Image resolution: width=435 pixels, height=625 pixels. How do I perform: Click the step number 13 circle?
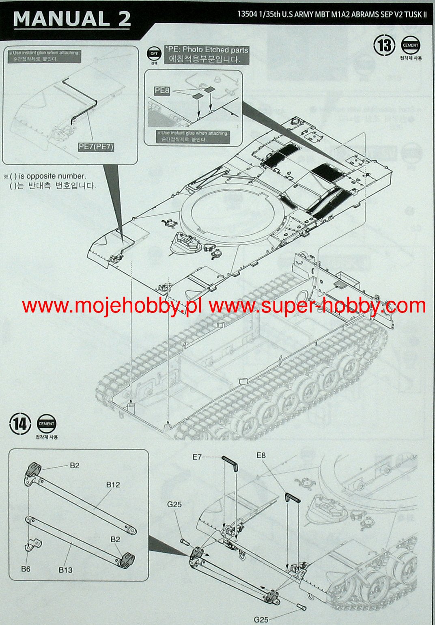384,46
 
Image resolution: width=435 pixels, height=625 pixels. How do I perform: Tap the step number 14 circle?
20,425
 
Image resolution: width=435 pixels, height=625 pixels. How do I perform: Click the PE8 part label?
162,91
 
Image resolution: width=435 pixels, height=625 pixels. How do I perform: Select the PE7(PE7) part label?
96,147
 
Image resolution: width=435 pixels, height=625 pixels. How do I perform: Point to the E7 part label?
197,457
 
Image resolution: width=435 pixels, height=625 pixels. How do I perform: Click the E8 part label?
261,455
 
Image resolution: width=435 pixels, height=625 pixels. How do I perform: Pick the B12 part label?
113,485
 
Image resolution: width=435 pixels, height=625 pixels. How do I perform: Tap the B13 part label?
65,570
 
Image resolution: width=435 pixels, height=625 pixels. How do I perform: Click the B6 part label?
26,569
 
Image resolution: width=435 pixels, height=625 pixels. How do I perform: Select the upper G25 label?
174,504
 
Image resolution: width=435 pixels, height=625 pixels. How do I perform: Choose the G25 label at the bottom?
261,619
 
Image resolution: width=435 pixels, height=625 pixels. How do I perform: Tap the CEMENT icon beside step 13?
411,45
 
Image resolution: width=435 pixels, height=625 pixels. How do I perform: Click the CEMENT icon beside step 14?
47,424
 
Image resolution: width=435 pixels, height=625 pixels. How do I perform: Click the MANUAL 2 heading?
72,19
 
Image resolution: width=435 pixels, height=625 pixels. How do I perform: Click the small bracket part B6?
32,543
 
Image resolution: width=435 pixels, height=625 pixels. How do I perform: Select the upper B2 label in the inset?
75,466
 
